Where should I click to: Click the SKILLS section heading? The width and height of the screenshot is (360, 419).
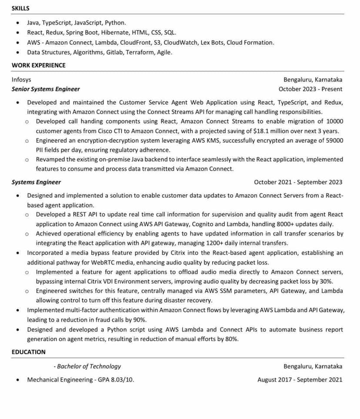tap(20, 8)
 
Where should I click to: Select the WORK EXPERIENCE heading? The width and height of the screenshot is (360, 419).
tap(39, 65)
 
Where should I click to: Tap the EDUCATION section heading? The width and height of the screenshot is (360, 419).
tap(28, 352)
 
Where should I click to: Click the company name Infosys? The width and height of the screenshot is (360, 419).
tap(21, 80)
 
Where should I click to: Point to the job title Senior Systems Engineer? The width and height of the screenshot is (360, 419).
tap(46, 89)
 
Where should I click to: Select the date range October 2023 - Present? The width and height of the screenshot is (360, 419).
tap(310, 89)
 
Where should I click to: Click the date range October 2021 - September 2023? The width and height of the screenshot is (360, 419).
tap(298, 182)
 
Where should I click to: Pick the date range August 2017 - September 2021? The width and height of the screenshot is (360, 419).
tap(300, 380)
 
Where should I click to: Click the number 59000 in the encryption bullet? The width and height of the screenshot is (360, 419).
tap(334, 140)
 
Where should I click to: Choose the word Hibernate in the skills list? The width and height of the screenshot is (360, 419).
tap(115, 32)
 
